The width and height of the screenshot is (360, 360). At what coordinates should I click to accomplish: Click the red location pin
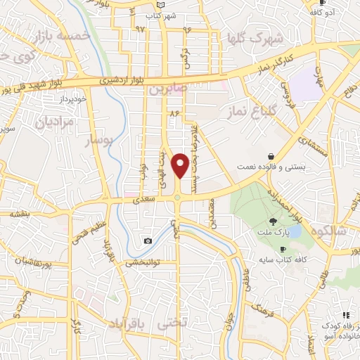click(x=181, y=165)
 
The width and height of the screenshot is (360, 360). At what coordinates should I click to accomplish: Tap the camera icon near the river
click(x=148, y=241)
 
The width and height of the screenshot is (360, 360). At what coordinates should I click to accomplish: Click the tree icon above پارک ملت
click(x=272, y=221)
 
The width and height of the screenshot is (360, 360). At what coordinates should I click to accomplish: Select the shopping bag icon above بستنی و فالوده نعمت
click(x=271, y=156)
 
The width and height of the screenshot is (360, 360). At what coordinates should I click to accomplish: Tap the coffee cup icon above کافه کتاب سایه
click(x=283, y=250)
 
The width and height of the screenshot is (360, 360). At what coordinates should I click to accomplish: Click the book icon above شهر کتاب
click(x=160, y=5)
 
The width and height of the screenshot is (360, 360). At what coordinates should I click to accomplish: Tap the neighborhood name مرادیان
click(x=55, y=122)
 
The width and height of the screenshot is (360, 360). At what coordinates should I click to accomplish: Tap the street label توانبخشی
click(x=143, y=263)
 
